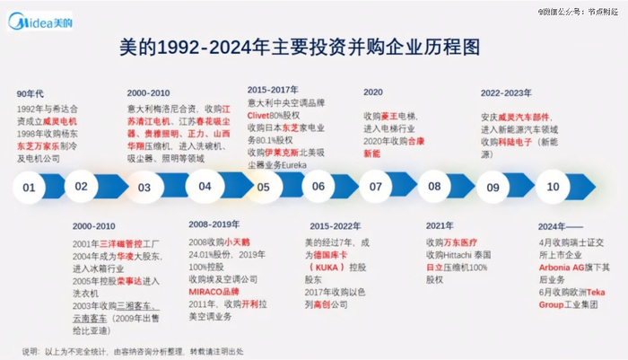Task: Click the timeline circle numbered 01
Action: [x=30, y=188]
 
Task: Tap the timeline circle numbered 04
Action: [x=205, y=187]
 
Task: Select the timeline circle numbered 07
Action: [x=376, y=188]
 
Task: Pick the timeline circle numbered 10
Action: [x=553, y=187]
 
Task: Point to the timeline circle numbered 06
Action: [x=318, y=187]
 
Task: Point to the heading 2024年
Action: [x=554, y=225]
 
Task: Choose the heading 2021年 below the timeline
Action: [x=440, y=225]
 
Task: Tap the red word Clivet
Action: [x=261, y=115]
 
